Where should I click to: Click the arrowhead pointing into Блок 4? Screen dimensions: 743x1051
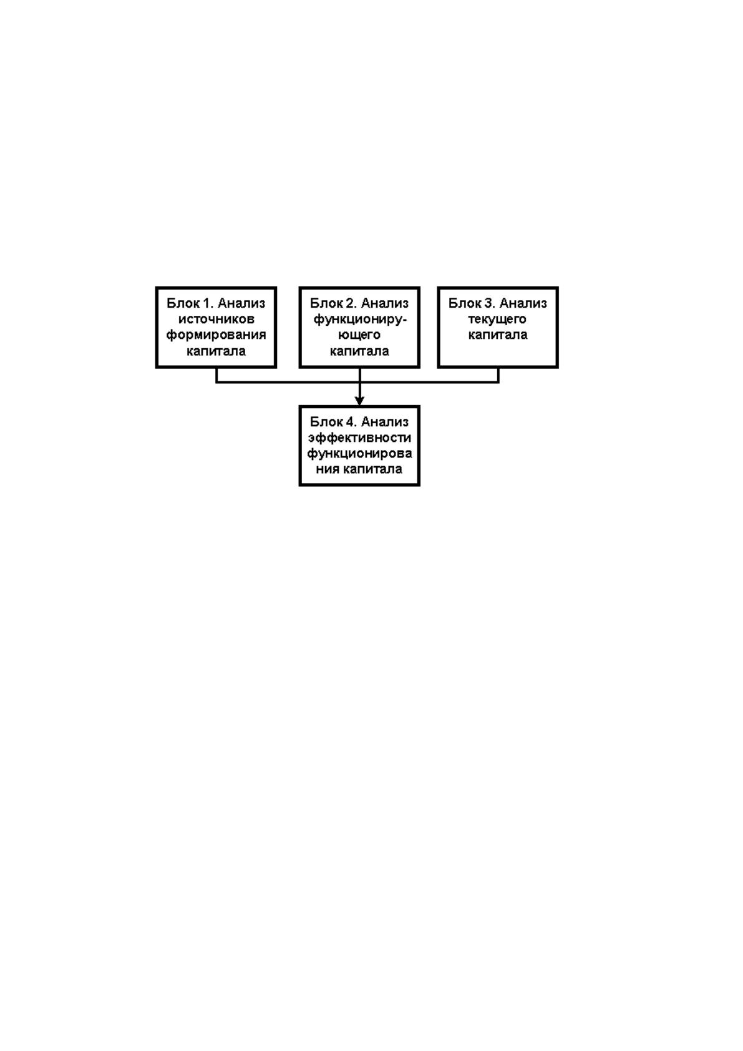pyautogui.click(x=359, y=401)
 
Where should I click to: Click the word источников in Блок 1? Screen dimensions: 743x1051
pyautogui.click(x=216, y=319)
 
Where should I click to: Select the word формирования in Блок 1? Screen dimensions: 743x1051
pyautogui.click(x=216, y=335)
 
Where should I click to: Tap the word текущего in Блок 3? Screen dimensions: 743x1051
pyautogui.click(x=497, y=320)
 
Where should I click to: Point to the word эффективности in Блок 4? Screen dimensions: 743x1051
pyautogui.click(x=359, y=438)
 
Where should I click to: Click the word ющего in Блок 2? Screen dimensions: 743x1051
pyautogui.click(x=359, y=336)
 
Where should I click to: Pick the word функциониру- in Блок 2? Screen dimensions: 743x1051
pyautogui.click(x=359, y=320)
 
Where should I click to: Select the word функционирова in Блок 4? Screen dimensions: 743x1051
pyautogui.click(x=359, y=454)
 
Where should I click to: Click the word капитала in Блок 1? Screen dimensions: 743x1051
pyautogui.click(x=216, y=351)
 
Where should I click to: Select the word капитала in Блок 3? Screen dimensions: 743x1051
pyautogui.click(x=498, y=335)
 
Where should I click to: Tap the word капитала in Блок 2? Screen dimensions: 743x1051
pyautogui.click(x=359, y=351)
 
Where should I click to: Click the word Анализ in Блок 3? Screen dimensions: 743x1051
pyautogui.click(x=523, y=303)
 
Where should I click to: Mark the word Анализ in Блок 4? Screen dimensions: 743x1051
pyautogui.click(x=385, y=422)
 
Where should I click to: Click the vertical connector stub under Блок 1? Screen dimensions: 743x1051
pyautogui.click(x=216, y=375)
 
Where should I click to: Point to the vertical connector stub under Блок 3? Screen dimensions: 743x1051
pyautogui.click(x=498, y=375)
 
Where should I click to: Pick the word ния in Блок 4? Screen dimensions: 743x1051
pyautogui.click(x=327, y=469)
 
